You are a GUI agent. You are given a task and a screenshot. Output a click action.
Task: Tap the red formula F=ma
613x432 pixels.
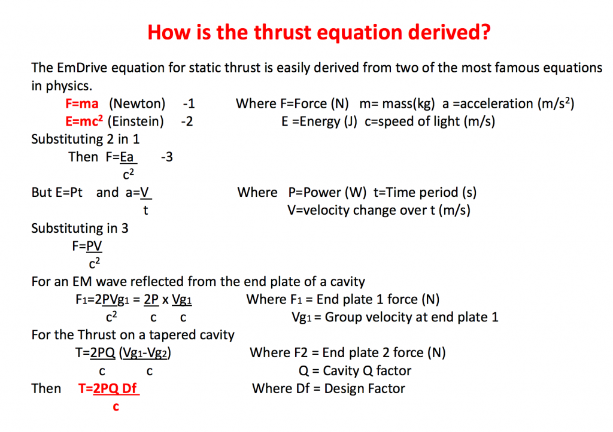(82, 104)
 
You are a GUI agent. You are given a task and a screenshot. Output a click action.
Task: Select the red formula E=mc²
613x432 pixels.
(84, 121)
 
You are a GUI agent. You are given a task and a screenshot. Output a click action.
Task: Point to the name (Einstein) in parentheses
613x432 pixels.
(136, 121)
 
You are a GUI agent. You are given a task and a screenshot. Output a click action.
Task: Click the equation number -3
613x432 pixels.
(166, 157)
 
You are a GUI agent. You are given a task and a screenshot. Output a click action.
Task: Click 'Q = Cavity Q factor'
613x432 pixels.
(355, 371)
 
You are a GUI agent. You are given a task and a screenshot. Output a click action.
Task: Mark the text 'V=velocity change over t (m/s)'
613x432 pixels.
(379, 210)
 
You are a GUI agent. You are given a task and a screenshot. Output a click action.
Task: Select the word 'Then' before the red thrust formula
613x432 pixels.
(46, 388)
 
